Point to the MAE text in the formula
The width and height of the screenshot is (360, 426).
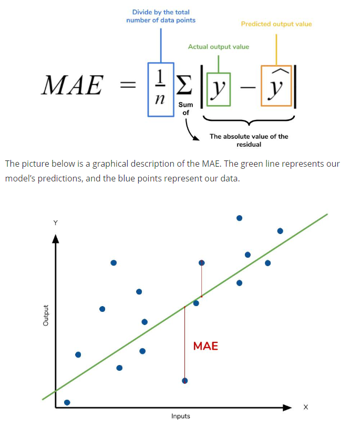[x=72, y=86]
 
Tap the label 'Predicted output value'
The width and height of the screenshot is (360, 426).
[x=276, y=24]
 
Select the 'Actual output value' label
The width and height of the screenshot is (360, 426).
[x=218, y=47]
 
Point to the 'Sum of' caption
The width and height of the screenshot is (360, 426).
[x=186, y=108]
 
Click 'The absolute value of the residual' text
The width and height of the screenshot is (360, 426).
[x=249, y=140]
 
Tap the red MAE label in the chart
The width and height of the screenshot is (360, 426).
[x=205, y=346]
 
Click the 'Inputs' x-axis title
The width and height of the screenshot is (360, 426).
[x=181, y=416]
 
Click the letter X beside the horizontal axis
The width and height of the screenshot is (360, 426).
[x=306, y=407]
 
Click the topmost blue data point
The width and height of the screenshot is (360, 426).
[x=239, y=218]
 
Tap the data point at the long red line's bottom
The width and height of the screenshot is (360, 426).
[x=184, y=380]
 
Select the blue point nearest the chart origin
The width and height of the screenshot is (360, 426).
[x=67, y=402]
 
